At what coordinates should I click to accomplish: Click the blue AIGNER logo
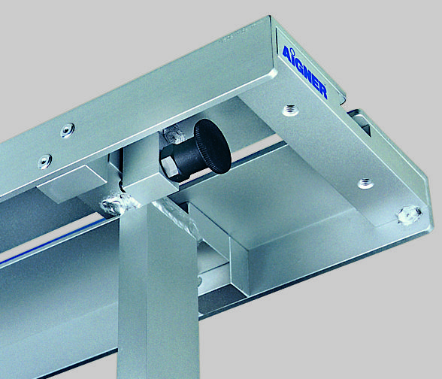pyautogui.click(x=305, y=71)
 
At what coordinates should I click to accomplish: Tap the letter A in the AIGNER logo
pyautogui.click(x=286, y=54)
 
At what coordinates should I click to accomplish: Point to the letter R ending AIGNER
pyautogui.click(x=322, y=91)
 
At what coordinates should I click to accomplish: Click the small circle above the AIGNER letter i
pyautogui.click(x=292, y=51)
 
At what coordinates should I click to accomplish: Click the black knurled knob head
pyautogui.click(x=213, y=146)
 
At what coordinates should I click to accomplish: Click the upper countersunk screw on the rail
pyautogui.click(x=68, y=130)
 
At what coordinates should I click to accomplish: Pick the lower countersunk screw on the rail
pyautogui.click(x=45, y=162)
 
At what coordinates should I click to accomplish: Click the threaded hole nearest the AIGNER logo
pyautogui.click(x=291, y=110)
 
